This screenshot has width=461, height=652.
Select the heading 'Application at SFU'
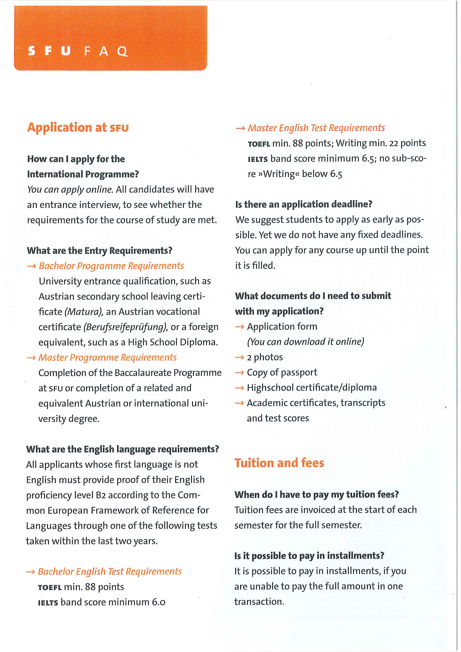[78, 128]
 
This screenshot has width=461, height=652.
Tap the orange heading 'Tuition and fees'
[279, 463]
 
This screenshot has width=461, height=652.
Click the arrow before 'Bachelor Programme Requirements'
[31, 266]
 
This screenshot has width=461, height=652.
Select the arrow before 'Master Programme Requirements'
[31, 358]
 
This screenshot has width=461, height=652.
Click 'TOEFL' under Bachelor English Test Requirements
[50, 588]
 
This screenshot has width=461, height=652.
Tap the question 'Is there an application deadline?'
[304, 204]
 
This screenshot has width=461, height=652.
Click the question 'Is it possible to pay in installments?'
[309, 556]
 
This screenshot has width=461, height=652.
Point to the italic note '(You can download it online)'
[305, 342]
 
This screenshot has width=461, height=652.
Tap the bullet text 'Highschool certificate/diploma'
[312, 388]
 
